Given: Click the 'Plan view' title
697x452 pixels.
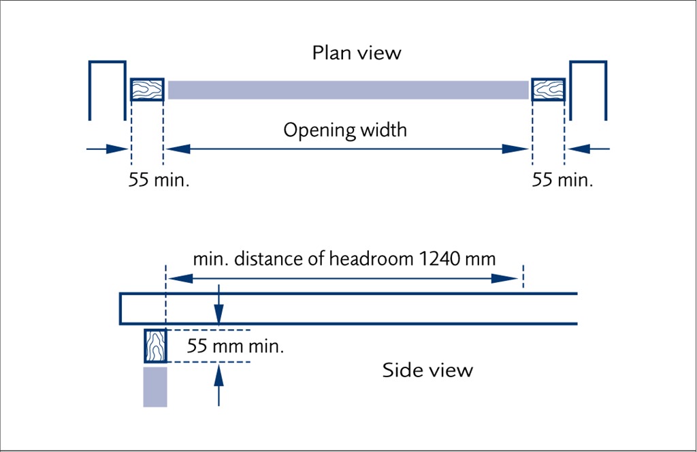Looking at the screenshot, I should point(357,52).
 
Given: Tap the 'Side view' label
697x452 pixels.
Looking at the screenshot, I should point(427,370).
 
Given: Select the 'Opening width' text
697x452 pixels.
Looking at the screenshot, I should point(345,130).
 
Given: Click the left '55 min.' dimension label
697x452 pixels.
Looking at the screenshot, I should point(159,181).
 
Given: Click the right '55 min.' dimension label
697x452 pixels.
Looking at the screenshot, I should point(562,181).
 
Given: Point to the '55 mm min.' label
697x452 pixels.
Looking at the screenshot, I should point(236,346).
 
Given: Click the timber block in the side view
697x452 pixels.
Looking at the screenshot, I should point(156,346).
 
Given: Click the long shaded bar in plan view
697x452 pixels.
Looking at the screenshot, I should point(348,90).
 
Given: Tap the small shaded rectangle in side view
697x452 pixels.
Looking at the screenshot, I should point(155,387).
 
